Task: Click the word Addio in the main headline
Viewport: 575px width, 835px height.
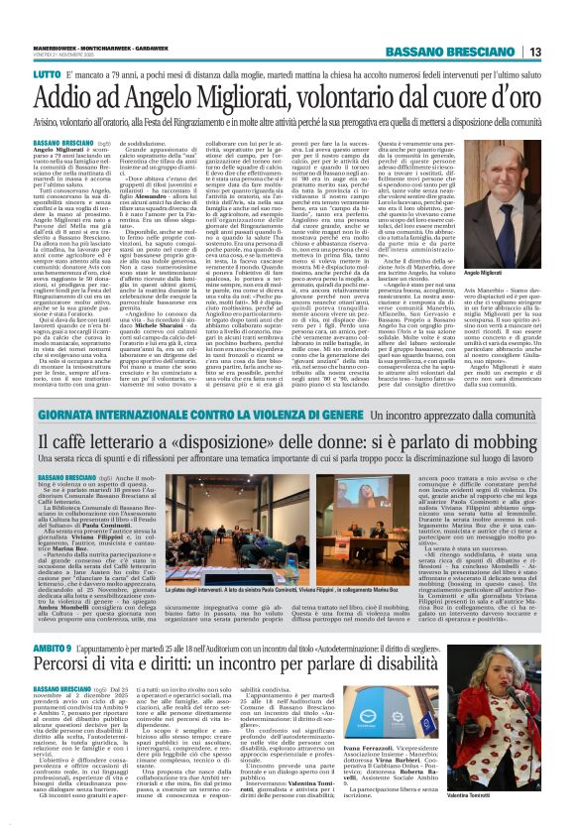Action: tap(63, 68)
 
